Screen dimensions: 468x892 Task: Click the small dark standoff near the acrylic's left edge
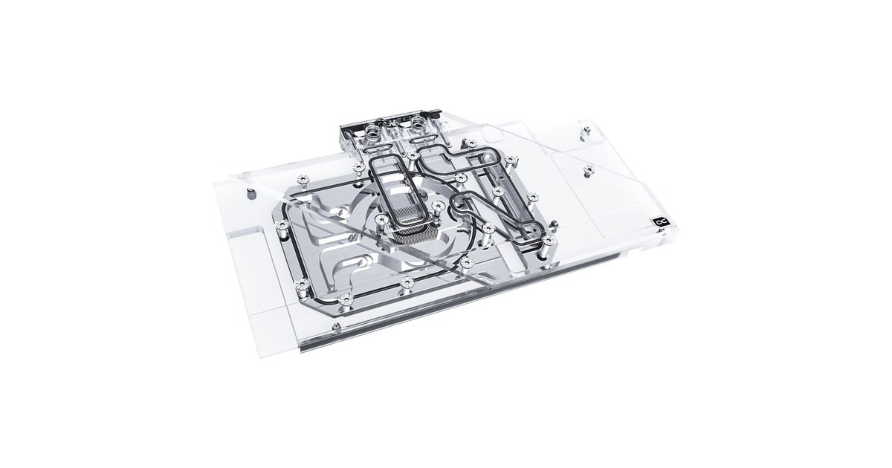tap(251, 192)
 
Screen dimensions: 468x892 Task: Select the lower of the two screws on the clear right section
tap(586, 170)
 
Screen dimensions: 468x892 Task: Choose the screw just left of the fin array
tap(381, 218)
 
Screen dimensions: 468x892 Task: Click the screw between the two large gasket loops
tap(462, 178)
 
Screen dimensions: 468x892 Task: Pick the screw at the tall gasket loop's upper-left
tap(359, 169)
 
